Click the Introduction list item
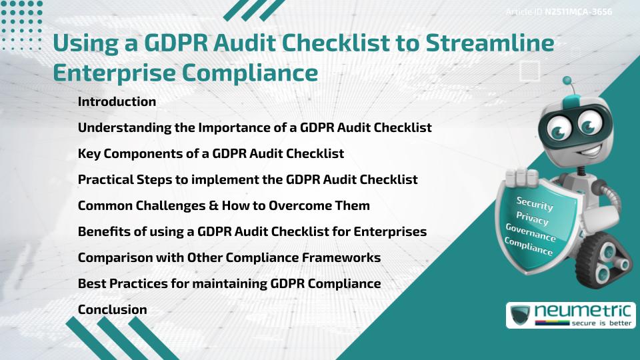117,102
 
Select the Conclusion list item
112,309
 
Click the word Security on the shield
534,203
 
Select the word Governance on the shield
530,233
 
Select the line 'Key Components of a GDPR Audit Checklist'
211,153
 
